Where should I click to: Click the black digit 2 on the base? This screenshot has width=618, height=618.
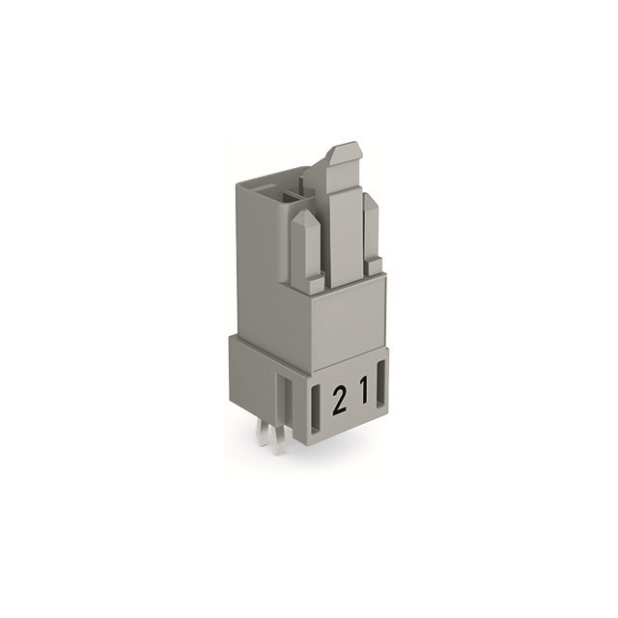point(339,401)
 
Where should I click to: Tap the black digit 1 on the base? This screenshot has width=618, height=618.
point(365,389)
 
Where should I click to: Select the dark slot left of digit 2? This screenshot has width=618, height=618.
point(317,408)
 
